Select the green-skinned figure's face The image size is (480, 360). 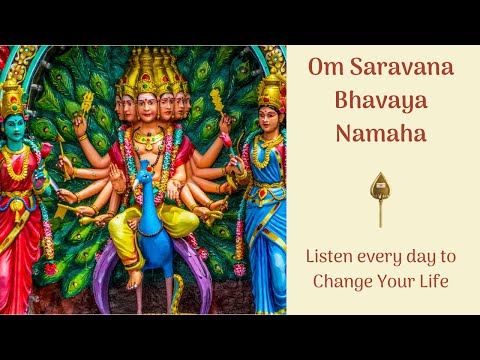(14, 127)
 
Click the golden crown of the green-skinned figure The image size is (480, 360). (13, 97)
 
